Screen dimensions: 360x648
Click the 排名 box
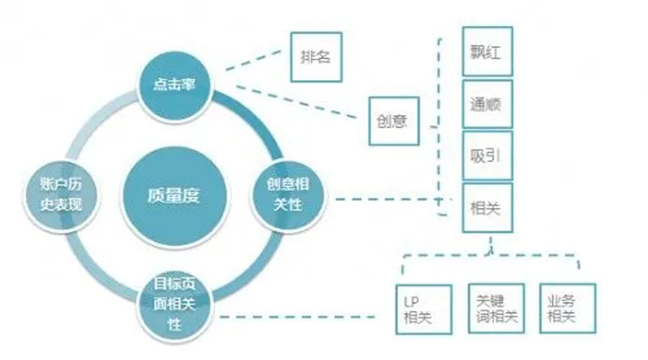(315, 57)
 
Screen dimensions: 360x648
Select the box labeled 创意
(392, 120)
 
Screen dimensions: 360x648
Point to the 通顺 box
(487, 104)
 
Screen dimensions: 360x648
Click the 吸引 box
(487, 156)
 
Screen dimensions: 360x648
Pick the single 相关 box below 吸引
(487, 208)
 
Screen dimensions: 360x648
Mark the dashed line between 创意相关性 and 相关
(389, 199)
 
